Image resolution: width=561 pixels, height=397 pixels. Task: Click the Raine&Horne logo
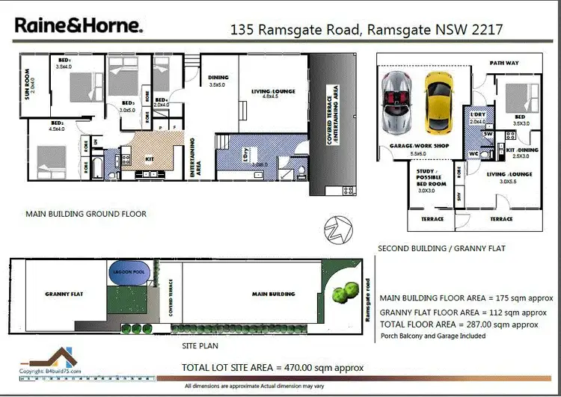(x=78, y=25)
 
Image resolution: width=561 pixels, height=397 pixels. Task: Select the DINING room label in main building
(x=218, y=78)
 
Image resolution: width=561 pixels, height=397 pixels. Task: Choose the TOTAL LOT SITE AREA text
(x=272, y=368)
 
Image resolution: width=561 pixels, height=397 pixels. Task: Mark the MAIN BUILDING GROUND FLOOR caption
(x=86, y=213)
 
